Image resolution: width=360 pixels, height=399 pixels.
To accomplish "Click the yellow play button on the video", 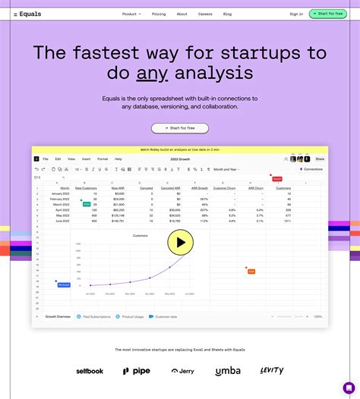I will pos(180,243).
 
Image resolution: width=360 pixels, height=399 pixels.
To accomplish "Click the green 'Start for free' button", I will pos(328,14).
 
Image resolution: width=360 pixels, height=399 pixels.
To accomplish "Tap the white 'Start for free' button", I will pos(180,128).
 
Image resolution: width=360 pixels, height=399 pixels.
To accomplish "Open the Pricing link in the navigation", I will pos(159,14).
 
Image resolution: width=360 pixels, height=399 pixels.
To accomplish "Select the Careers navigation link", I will pos(205,14).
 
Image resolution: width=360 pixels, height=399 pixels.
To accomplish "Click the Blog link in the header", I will pos(228,14).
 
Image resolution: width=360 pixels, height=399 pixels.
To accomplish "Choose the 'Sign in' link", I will pos(296,14).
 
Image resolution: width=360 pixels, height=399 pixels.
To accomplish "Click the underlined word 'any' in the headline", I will pos(151,74).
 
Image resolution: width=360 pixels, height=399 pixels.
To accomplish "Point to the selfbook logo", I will pos(90,371).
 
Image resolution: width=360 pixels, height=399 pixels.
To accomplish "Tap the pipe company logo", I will pos(137,371).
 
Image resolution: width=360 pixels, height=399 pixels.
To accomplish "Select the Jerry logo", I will pos(182,371).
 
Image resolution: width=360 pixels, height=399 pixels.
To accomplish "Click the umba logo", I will pos(228,371).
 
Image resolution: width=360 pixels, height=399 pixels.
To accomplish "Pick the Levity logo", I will pos(272,370).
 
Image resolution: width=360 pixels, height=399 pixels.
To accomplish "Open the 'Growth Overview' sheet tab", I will pos(58,316).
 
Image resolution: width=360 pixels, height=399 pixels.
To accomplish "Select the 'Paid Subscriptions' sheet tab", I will pos(96,316).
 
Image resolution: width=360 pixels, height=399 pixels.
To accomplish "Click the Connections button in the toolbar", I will pos(311,169).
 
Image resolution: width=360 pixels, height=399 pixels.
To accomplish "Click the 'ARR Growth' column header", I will pos(201,187).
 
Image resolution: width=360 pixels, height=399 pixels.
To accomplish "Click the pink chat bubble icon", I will pos(349,388).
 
